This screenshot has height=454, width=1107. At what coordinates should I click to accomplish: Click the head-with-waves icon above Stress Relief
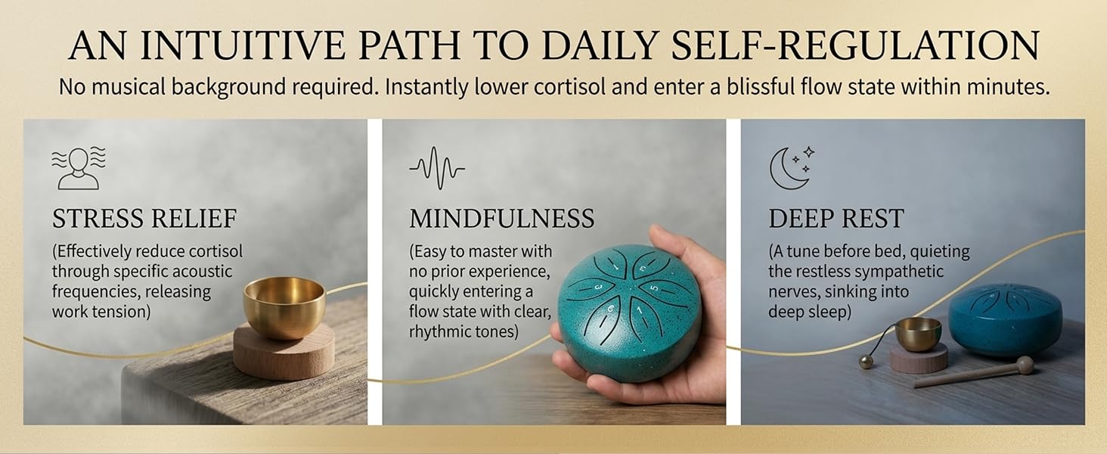point(79,168)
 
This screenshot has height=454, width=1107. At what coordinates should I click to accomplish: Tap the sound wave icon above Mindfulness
point(437,169)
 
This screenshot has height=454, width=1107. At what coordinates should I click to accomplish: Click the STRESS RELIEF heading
point(144,219)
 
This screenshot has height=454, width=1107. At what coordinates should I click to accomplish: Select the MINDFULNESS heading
point(501,219)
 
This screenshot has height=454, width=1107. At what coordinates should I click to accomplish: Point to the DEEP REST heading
point(836,219)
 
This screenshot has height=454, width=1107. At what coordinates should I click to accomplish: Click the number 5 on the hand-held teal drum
point(654,288)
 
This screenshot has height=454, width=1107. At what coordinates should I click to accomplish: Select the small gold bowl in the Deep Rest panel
point(918,334)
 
